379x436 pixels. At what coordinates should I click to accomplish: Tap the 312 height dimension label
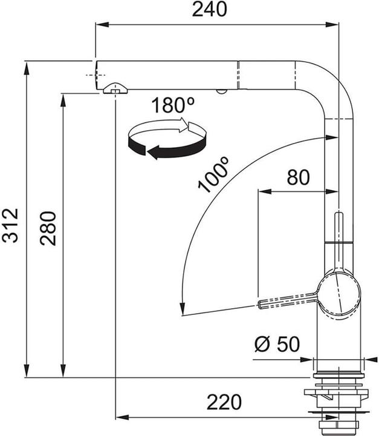[10, 225]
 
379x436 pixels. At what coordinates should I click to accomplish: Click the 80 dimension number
[297, 177]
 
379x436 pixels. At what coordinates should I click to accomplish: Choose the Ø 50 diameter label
[277, 345]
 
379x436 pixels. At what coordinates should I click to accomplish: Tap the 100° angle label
[214, 174]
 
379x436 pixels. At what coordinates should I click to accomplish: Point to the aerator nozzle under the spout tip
[114, 89]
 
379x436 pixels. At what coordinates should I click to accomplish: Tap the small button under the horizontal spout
[222, 91]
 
